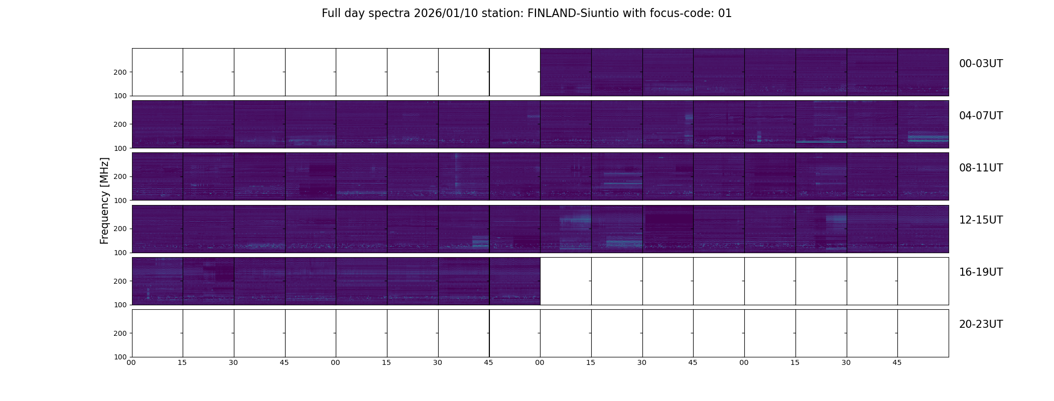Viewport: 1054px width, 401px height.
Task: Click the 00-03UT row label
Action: click(x=980, y=64)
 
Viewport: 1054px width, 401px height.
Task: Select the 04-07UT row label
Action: click(x=980, y=116)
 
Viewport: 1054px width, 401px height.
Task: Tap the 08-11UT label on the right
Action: click(x=980, y=168)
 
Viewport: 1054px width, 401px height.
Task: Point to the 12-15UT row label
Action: click(x=980, y=220)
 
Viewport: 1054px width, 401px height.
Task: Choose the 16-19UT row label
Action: click(x=980, y=272)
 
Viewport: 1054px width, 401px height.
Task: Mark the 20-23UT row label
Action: click(x=980, y=324)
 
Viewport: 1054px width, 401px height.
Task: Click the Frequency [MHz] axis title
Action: click(x=104, y=200)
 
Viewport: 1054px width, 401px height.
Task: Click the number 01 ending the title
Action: click(x=725, y=14)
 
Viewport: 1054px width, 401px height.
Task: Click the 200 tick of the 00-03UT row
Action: click(x=120, y=72)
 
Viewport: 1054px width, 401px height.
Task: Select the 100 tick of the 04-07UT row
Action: click(x=120, y=148)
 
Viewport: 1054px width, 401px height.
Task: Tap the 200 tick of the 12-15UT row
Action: click(x=120, y=229)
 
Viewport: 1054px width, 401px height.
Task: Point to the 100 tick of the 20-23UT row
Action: click(x=120, y=357)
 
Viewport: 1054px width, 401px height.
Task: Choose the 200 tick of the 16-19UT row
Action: click(x=120, y=281)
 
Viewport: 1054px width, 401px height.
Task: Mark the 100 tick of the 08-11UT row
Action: click(x=120, y=200)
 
